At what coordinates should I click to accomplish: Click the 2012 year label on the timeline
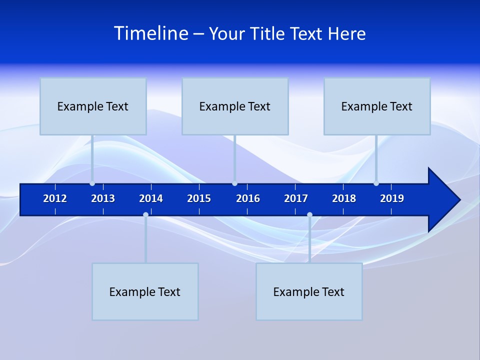[x=55, y=198]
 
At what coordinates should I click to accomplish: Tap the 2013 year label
[x=103, y=198]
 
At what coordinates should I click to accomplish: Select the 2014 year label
[x=151, y=198]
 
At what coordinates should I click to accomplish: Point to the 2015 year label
[x=199, y=198]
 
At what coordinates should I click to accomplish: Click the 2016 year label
[x=248, y=198]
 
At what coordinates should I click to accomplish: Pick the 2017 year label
[x=296, y=198]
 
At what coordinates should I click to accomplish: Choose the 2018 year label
[x=344, y=198]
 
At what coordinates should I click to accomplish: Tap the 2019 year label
[x=392, y=198]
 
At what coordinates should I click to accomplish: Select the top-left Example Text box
[x=93, y=106]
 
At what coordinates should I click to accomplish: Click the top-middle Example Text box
[x=235, y=106]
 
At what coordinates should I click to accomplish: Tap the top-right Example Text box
[x=377, y=106]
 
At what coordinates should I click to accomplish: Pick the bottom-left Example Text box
[x=145, y=291]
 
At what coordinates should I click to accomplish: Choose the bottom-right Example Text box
[x=309, y=291]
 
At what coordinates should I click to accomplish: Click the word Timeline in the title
[x=151, y=33]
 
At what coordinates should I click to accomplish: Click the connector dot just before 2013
[x=92, y=183]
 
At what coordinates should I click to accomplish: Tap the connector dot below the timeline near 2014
[x=145, y=214]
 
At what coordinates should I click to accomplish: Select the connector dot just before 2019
[x=376, y=183]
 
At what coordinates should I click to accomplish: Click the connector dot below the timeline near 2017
[x=309, y=214]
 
